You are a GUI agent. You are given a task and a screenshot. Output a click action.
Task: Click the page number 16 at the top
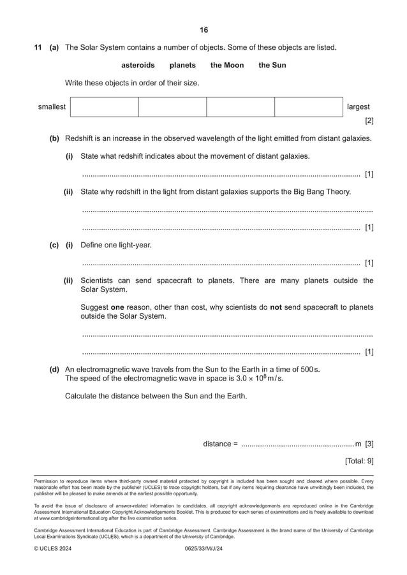tap(204, 30)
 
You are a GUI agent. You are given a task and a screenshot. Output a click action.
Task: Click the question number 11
tap(38, 47)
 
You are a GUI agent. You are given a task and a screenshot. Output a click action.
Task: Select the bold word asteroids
tap(138, 65)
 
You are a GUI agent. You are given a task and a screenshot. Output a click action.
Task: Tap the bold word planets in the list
tap(182, 65)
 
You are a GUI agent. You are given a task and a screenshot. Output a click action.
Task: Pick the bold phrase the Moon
tap(227, 65)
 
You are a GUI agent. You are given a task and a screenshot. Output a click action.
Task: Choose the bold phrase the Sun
tap(272, 65)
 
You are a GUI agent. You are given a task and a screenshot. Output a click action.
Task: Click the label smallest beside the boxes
tap(52, 107)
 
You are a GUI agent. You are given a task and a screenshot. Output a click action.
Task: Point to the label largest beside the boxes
tap(358, 107)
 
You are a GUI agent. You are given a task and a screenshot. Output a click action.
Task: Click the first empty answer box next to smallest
tap(104, 107)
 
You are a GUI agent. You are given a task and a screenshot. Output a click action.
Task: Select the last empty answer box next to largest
tap(309, 107)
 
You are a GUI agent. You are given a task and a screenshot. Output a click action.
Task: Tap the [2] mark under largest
tap(369, 120)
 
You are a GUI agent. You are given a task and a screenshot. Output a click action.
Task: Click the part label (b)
tap(54, 138)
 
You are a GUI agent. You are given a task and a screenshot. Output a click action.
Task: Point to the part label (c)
tap(54, 245)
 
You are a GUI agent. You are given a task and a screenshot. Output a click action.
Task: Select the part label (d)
tap(54, 369)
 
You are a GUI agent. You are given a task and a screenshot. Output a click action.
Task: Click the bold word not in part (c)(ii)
tap(276, 307)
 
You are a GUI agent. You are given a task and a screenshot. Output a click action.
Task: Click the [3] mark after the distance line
tap(369, 444)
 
